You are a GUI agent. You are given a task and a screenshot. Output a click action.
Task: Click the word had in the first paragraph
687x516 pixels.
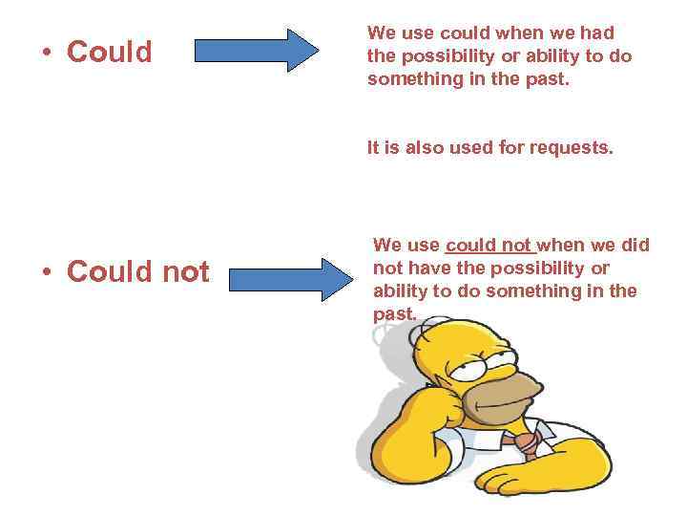(595, 33)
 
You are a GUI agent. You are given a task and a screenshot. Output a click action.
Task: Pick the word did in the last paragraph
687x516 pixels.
(634, 245)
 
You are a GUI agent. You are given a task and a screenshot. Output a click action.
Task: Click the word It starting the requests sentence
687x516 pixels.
(376, 148)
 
